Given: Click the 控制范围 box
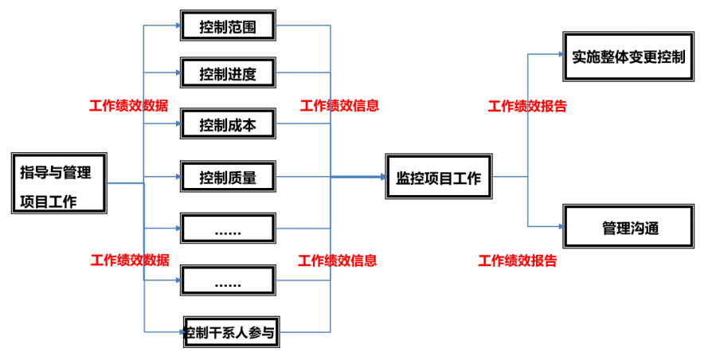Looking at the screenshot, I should (228, 25).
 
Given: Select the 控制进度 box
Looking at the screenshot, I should (228, 74).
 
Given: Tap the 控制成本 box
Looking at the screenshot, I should (228, 124).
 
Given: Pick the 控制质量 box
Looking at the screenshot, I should (228, 177).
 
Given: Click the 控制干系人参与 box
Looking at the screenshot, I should (231, 332).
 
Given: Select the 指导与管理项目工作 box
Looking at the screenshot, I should (60, 183).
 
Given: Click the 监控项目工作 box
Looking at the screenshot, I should (439, 178).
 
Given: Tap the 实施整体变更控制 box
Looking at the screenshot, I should (628, 57).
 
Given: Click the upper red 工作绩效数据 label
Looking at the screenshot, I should (128, 105).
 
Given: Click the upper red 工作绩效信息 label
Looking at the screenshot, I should (339, 105).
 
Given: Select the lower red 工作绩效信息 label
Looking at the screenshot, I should (338, 260).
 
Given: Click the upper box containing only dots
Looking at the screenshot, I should (228, 229).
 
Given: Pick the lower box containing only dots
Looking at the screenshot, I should (228, 281).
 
